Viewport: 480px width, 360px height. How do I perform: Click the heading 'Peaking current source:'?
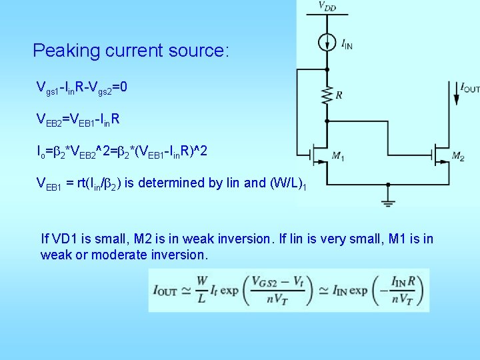tap(131, 51)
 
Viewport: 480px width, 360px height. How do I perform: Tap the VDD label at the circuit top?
tap(327, 6)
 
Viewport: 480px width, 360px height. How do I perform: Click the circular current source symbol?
tap(327, 43)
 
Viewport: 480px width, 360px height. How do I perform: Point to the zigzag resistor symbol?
tap(327, 95)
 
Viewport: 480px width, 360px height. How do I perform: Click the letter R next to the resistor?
tap(339, 95)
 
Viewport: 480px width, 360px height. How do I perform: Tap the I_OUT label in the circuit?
tap(469, 88)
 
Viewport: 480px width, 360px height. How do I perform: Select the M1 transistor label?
tap(338, 157)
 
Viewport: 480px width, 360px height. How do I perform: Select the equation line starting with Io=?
tap(121, 152)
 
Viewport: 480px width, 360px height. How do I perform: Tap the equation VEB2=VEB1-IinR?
tap(78, 119)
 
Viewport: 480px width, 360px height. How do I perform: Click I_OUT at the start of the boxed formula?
tap(165, 290)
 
